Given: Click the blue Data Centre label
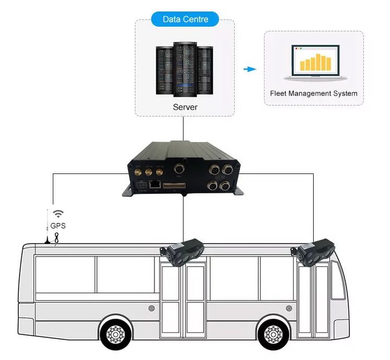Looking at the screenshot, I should tap(185, 20).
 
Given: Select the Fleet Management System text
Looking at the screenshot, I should tap(314, 94).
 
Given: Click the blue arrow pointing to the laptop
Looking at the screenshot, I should tap(251, 68).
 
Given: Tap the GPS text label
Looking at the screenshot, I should tap(59, 226).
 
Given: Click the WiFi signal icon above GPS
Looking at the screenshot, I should tap(59, 214).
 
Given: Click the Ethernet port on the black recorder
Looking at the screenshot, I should tap(155, 184).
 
